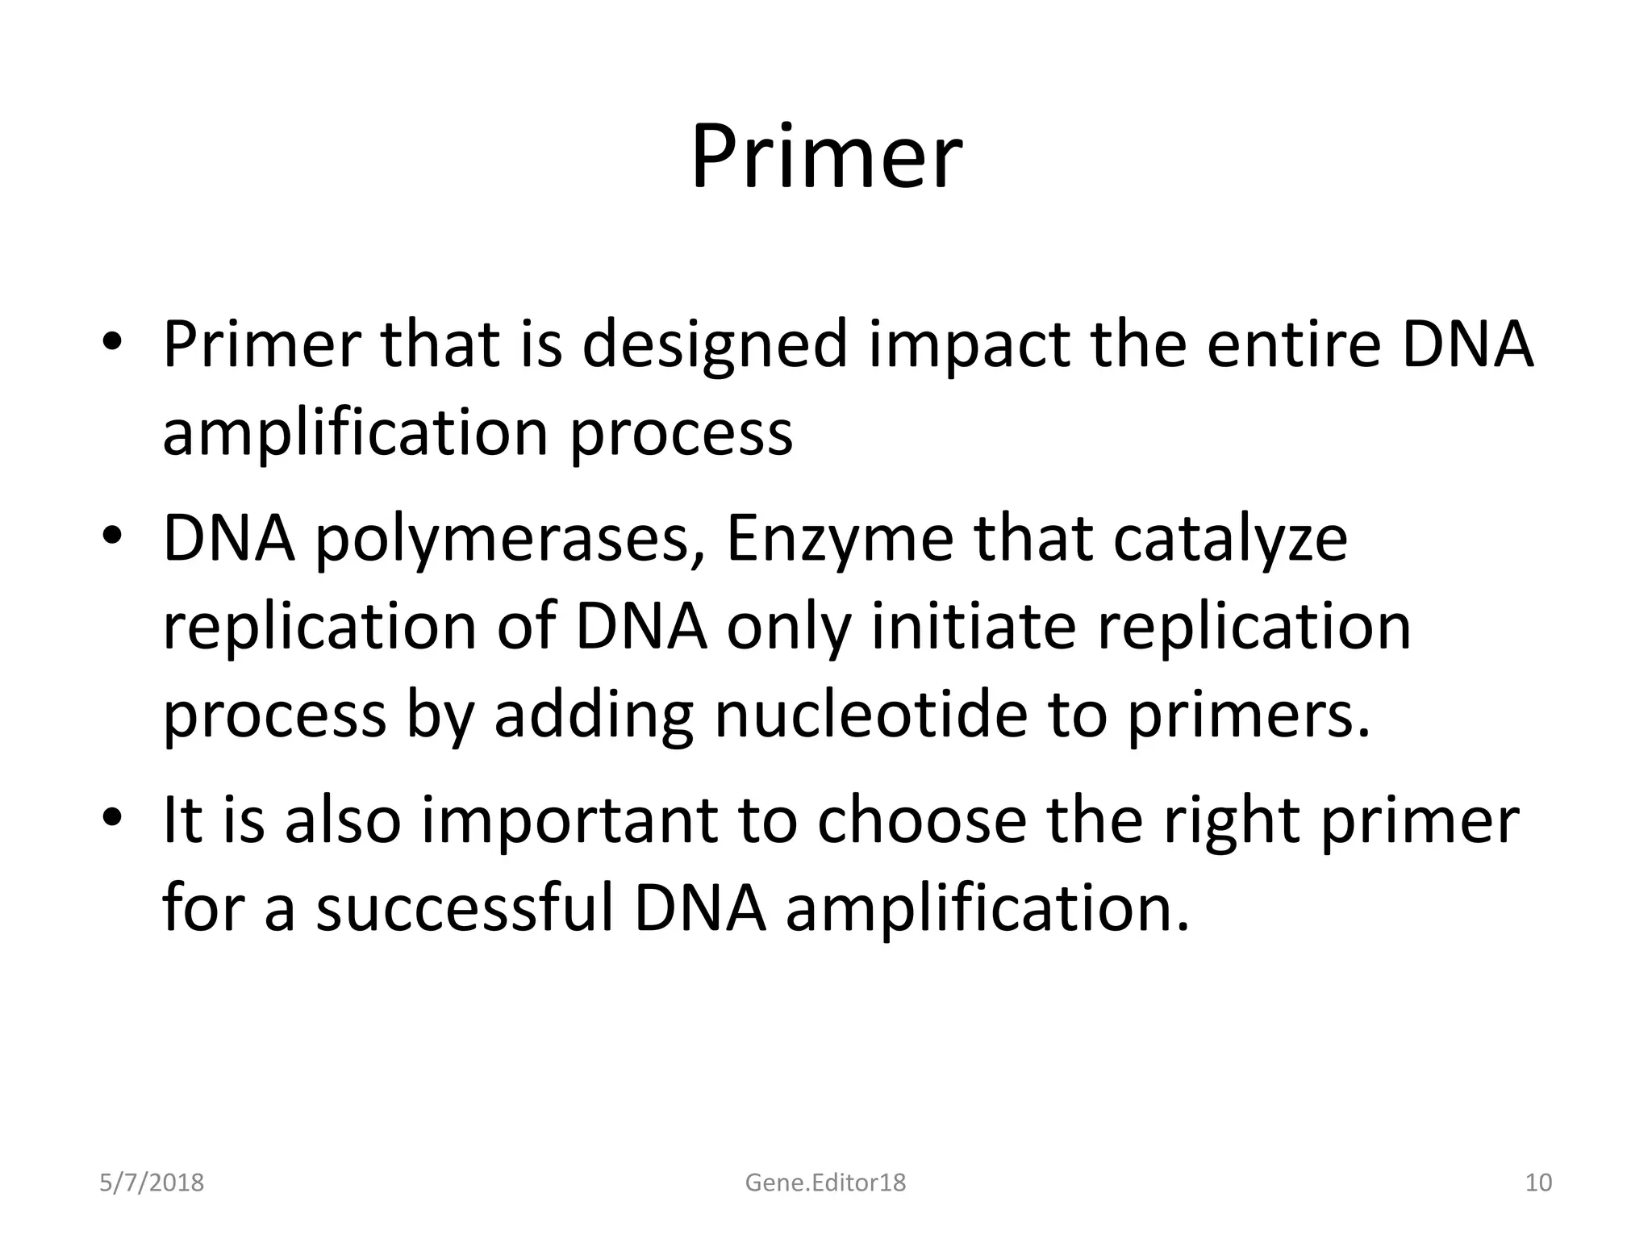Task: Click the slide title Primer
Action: pyautogui.click(x=826, y=157)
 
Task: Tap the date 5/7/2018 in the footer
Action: pyautogui.click(x=152, y=1183)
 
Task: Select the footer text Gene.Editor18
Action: pyautogui.click(x=825, y=1183)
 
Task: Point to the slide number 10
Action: pyautogui.click(x=1539, y=1183)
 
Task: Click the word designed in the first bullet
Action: pyautogui.click(x=715, y=346)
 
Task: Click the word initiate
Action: pyautogui.click(x=974, y=628)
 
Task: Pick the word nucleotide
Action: pyautogui.click(x=870, y=715)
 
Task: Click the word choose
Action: pyautogui.click(x=921, y=821)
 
